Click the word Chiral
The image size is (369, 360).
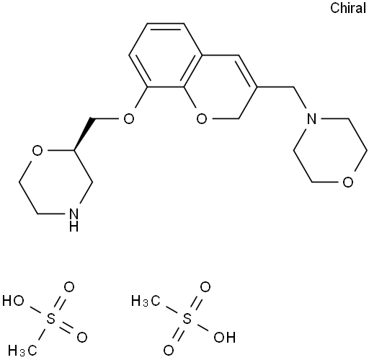(x=348, y=8)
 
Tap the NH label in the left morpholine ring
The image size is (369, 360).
(x=74, y=220)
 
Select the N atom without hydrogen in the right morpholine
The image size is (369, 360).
(x=312, y=118)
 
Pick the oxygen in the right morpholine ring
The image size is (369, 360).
(x=348, y=182)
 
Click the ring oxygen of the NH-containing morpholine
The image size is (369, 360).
(x=37, y=150)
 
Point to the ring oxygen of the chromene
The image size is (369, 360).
(x=202, y=118)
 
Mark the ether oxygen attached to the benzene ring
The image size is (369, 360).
(x=128, y=118)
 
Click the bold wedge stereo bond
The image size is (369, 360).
(x=83, y=134)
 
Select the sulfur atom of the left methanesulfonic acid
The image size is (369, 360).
(x=50, y=319)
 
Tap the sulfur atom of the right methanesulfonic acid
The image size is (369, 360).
(x=187, y=319)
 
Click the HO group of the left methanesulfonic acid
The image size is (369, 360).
(x=13, y=301)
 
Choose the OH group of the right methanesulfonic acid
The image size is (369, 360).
(x=225, y=337)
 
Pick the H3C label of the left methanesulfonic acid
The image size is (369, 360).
(x=22, y=350)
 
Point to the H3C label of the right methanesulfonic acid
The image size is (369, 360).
(x=146, y=301)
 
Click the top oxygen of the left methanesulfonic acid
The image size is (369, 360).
(x=68, y=287)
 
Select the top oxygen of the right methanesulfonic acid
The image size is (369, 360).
(x=205, y=287)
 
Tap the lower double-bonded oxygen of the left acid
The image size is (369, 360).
(x=82, y=337)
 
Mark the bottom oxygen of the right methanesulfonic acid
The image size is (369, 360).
(x=169, y=351)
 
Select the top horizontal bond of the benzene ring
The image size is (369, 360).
(x=166, y=24)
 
